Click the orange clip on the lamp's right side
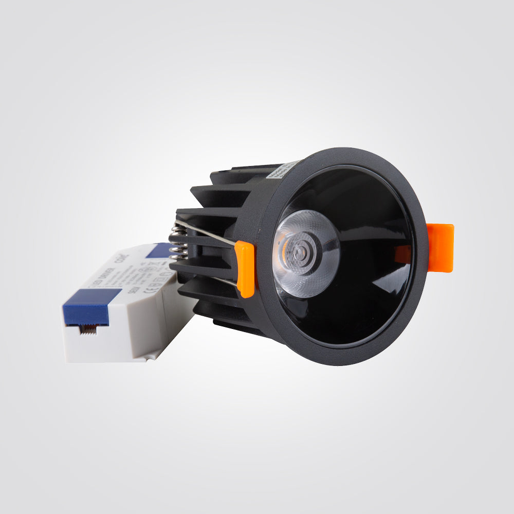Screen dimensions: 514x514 tap(440, 248)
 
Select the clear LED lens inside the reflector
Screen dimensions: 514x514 tap(306, 253)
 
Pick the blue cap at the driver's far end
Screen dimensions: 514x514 tap(160, 250)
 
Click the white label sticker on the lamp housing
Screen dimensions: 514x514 tap(282, 170)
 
